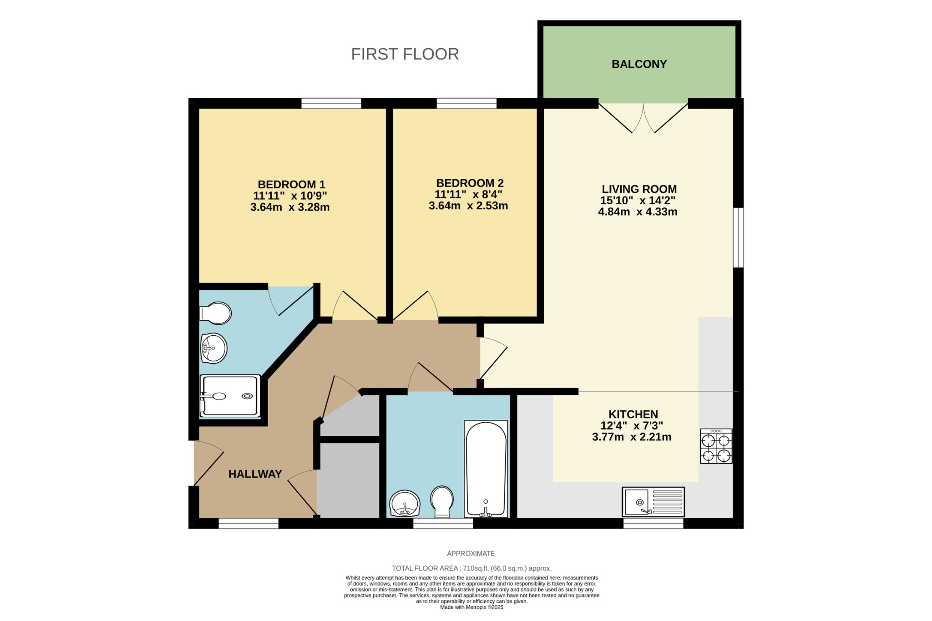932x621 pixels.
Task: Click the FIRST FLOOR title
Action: [x=405, y=54]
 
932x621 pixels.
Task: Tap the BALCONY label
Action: [x=639, y=64]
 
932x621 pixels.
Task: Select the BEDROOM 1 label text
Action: [x=291, y=184]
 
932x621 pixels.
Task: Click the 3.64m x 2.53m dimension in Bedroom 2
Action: [x=468, y=206]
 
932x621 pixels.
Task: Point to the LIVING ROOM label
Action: [x=639, y=189]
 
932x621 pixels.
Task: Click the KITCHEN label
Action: [x=633, y=414]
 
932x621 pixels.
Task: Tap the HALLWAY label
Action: [x=255, y=474]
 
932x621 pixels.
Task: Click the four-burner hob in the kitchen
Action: [x=716, y=446]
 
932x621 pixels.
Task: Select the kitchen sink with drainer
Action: [x=653, y=502]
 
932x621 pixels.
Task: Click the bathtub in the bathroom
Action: [x=486, y=469]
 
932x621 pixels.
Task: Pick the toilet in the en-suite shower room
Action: [x=216, y=313]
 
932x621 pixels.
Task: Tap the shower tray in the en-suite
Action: [x=230, y=396]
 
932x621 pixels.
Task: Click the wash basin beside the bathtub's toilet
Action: [x=405, y=503]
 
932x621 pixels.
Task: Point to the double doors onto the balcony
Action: [x=643, y=117]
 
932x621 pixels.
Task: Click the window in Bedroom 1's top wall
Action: [x=331, y=103]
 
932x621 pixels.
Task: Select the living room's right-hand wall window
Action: [x=738, y=237]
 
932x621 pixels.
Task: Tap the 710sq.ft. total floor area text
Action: [x=471, y=568]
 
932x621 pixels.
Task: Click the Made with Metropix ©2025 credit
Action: [x=471, y=607]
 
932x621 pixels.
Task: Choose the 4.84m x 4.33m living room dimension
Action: [x=638, y=212]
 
